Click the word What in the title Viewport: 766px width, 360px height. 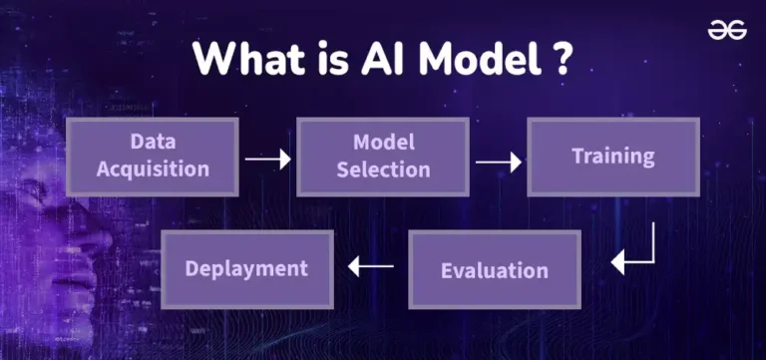pos(238,60)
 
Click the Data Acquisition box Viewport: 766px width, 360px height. pos(153,157)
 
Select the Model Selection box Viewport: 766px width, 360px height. pos(382,157)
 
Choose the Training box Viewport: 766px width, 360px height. pos(612,157)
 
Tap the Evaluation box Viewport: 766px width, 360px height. pos(495,270)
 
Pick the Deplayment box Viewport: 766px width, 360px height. pos(246,268)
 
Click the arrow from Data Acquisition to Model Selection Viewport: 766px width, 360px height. pos(267,158)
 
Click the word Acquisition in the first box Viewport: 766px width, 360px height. pos(153,170)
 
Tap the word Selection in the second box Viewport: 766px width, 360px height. pos(382,170)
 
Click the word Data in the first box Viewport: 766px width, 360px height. pos(153,142)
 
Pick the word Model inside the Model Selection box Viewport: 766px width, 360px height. pos(383,142)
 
